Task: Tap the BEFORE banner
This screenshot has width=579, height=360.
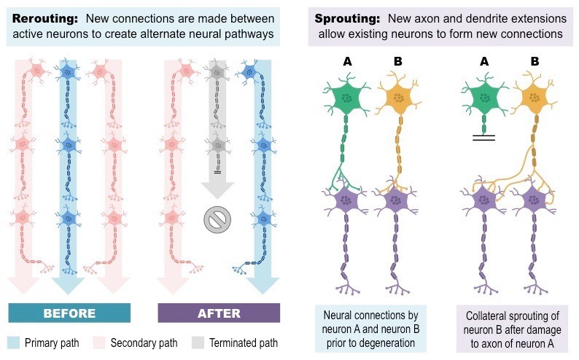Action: tap(69, 313)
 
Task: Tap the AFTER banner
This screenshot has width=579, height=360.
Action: tap(219, 313)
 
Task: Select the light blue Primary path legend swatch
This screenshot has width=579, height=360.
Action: tap(13, 343)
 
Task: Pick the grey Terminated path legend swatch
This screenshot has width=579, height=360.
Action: tap(198, 343)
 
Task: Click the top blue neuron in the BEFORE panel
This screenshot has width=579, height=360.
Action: tap(69, 71)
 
